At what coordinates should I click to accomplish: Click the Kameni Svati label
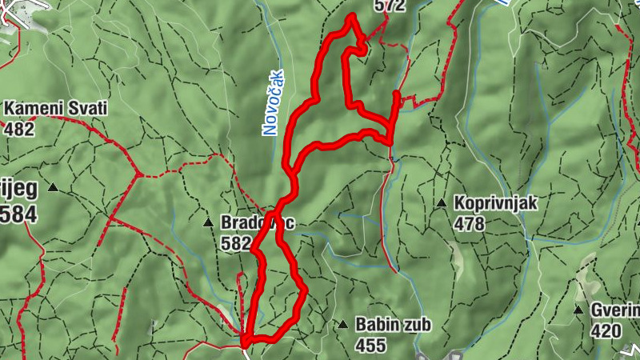[x=55, y=108]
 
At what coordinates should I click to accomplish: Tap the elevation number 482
[x=19, y=128]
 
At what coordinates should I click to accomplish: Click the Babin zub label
[x=393, y=325]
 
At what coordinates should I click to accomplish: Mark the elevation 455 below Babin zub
[x=370, y=346]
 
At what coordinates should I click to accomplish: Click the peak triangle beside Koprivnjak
[x=441, y=203]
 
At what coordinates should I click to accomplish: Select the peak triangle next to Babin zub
[x=342, y=325]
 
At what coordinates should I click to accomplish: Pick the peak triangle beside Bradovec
[x=208, y=222]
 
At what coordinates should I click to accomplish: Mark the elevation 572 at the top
[x=390, y=6]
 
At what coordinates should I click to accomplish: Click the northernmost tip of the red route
[x=350, y=17]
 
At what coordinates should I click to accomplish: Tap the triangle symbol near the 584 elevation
[x=53, y=188]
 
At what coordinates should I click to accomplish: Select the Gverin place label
[x=616, y=310]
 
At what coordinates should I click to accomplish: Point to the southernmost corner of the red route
[x=245, y=343]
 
